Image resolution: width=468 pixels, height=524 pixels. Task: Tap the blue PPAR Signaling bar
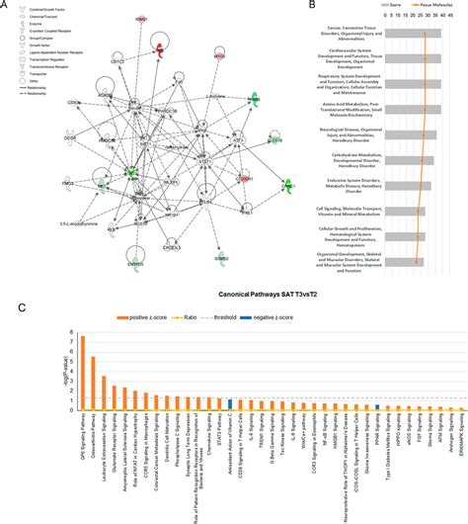[378, 406]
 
